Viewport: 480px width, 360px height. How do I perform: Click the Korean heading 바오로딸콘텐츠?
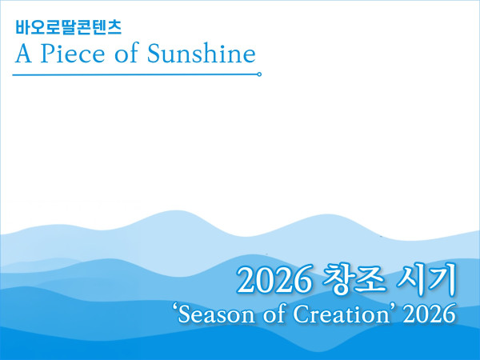pos(69,27)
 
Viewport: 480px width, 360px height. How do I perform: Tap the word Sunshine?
pos(202,53)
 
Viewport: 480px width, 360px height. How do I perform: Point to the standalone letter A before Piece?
pos(23,54)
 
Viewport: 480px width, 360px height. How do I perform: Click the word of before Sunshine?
pos(126,53)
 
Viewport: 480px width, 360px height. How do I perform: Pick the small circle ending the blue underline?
pos(259,74)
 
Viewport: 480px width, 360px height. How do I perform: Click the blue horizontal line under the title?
pos(135,74)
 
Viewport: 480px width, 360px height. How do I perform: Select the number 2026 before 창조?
pos(274,281)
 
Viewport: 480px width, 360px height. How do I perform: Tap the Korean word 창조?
pos(354,279)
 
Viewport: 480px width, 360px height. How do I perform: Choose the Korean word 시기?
pos(426,279)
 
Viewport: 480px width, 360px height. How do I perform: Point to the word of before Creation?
pos(274,313)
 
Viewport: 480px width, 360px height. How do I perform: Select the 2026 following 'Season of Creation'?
pos(429,314)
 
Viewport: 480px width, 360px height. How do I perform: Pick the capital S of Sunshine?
pos(154,54)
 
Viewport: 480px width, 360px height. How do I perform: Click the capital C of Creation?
pos(302,314)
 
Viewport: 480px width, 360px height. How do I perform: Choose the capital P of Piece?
pos(48,54)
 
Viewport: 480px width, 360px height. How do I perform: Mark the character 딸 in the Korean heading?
pos(69,27)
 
